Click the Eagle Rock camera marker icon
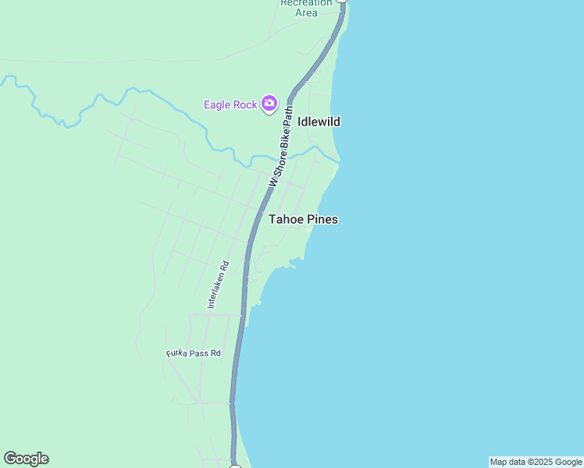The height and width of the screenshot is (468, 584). tap(269, 103)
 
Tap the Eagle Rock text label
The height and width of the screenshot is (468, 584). tap(230, 105)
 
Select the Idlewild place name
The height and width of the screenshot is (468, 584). tap(319, 122)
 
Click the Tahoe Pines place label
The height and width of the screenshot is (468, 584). tap(303, 219)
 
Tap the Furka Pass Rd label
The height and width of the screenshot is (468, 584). tap(194, 353)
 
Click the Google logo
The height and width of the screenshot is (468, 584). tap(26, 459)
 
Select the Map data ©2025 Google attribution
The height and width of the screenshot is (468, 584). tap(536, 462)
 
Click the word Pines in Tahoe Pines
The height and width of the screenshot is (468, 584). tap(322, 219)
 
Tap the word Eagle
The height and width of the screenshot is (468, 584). tap(219, 105)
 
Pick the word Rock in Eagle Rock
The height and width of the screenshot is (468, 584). tap(246, 105)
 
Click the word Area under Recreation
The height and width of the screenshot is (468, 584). tap(306, 12)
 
